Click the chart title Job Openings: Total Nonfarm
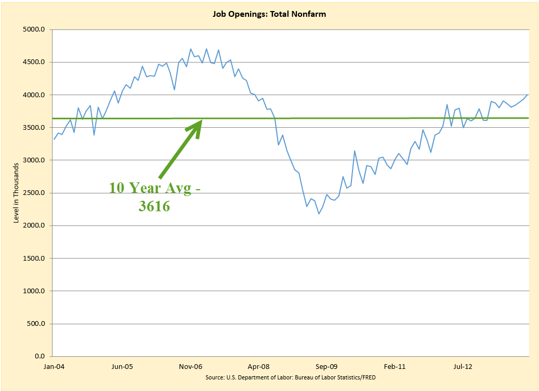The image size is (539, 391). [269, 14]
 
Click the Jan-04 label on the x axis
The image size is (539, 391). [54, 367]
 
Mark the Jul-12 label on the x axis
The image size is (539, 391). [462, 367]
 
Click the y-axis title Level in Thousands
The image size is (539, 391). [16, 193]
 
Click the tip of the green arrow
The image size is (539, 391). [201, 121]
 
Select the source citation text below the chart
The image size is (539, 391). [291, 377]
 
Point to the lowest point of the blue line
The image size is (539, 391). [319, 214]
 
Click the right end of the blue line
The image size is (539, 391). [527, 95]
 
